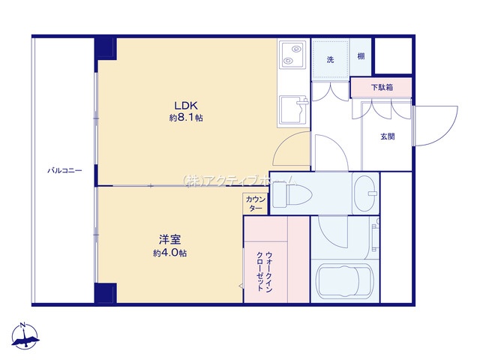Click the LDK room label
(186, 106)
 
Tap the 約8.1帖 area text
(186, 118)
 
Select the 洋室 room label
(170, 239)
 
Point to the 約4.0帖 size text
(170, 253)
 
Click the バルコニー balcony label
(65, 170)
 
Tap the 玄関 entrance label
(388, 136)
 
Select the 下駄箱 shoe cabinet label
(382, 88)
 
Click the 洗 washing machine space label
(330, 60)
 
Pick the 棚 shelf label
(361, 56)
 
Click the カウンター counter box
(256, 204)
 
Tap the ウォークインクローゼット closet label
(264, 271)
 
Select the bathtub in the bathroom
(345, 282)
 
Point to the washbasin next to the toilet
(365, 193)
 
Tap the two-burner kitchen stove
(293, 54)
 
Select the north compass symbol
(25, 336)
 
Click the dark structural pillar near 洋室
(106, 293)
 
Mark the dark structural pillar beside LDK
(106, 48)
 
